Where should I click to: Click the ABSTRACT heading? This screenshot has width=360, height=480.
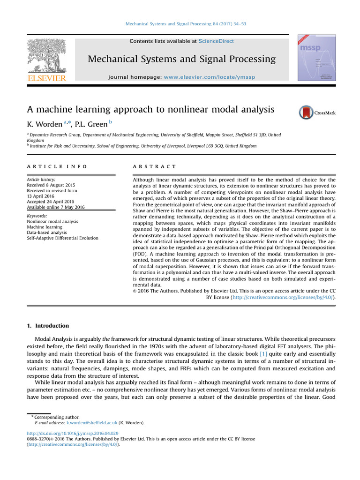(154, 166)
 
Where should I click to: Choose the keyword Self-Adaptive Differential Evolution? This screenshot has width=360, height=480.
(62, 238)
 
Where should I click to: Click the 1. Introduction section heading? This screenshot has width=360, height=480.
(46, 325)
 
